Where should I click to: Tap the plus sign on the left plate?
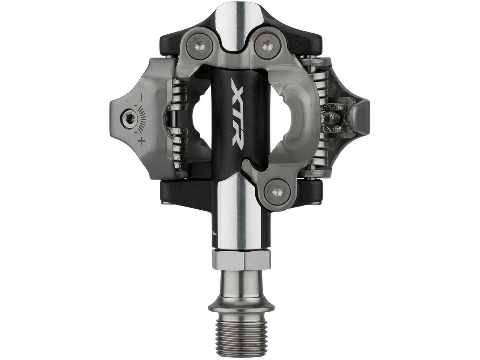point(141,141)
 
